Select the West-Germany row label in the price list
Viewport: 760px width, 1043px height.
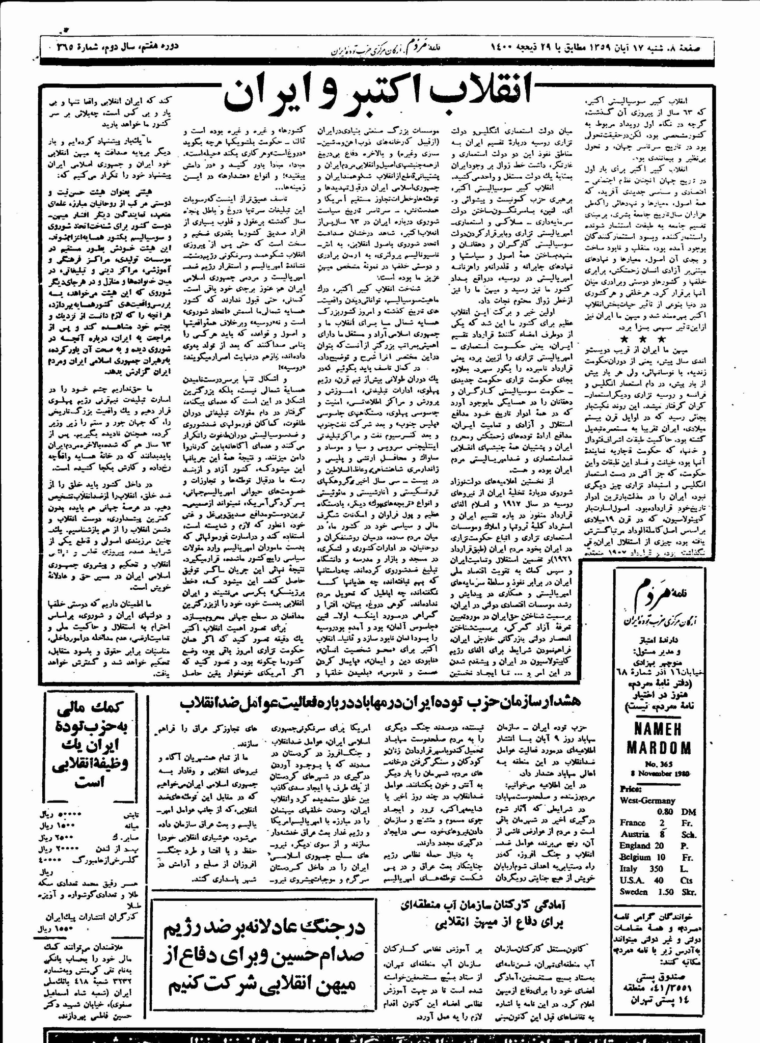point(647,800)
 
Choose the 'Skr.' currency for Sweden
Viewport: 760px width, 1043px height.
point(688,892)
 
